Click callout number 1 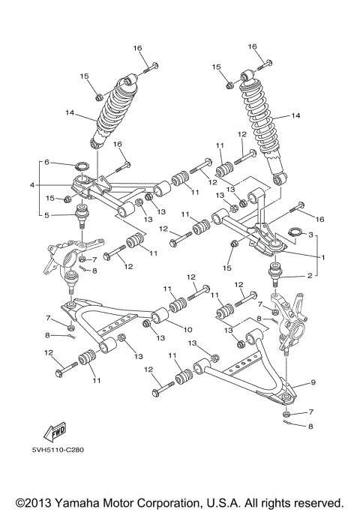point(323,257)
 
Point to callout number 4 point(31,185)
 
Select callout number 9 point(313,383)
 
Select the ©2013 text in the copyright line point(31,502)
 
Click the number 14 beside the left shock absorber point(69,114)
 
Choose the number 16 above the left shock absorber point(137,49)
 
